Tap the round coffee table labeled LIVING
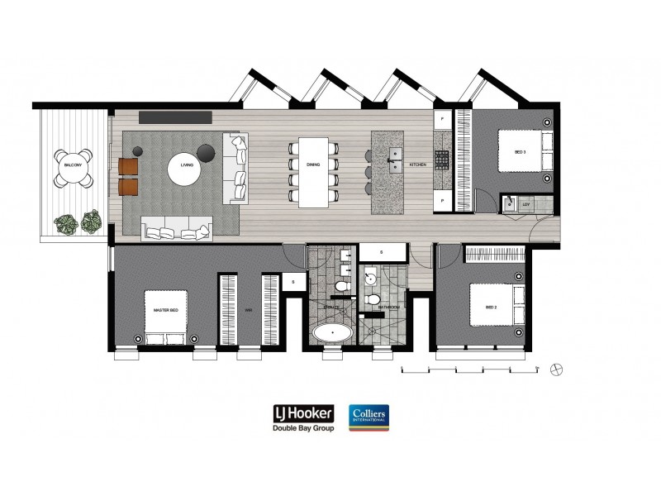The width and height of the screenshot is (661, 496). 187,166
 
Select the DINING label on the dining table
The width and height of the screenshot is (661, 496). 313,165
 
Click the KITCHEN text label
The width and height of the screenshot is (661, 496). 419,165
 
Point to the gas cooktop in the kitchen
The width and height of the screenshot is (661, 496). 442,157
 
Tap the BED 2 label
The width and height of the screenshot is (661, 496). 491,308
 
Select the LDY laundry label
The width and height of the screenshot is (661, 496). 526,203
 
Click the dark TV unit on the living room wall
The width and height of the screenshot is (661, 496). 175,117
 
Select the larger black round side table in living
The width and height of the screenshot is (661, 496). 207,150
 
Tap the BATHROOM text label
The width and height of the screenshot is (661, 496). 388,307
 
